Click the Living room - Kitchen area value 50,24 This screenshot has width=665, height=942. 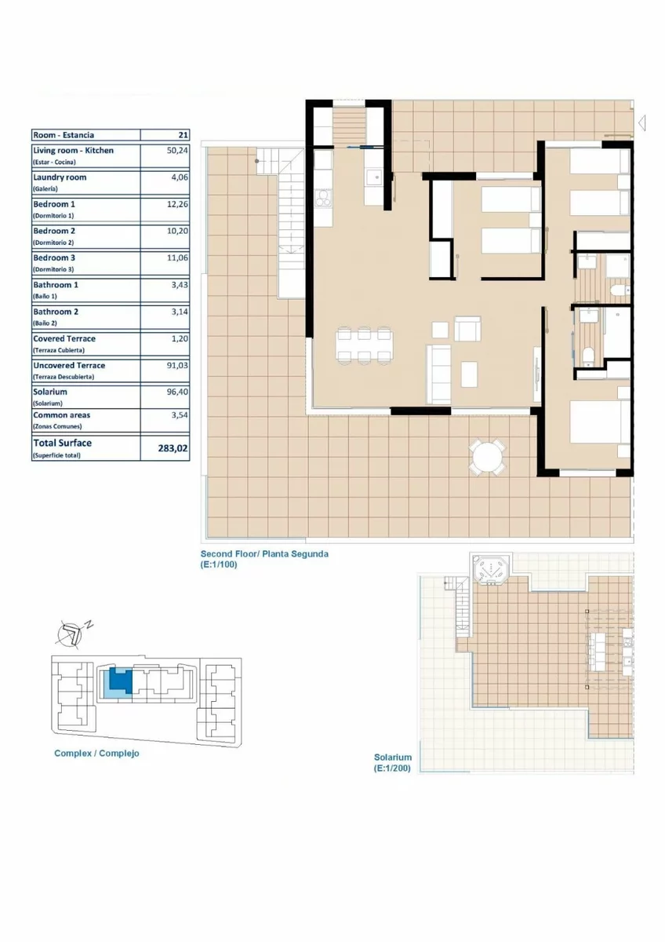[177, 151]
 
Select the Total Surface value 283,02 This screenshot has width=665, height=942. [173, 448]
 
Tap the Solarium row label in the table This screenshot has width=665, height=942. [50, 392]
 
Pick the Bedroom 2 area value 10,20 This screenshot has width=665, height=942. [177, 231]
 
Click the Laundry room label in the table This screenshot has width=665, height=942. [60, 177]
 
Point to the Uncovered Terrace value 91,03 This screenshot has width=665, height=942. [177, 366]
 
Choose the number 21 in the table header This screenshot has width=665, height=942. [184, 135]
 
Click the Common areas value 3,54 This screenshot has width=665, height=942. [180, 415]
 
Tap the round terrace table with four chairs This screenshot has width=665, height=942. [487, 457]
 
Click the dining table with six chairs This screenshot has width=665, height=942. [364, 345]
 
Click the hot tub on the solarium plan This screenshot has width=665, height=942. [491, 569]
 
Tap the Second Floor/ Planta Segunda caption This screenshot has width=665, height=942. [264, 554]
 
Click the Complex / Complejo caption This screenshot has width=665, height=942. [96, 753]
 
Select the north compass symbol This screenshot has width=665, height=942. [71, 633]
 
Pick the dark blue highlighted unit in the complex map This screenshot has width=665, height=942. [121, 680]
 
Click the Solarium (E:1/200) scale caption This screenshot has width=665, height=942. [392, 763]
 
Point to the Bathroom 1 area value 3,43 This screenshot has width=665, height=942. [180, 285]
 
